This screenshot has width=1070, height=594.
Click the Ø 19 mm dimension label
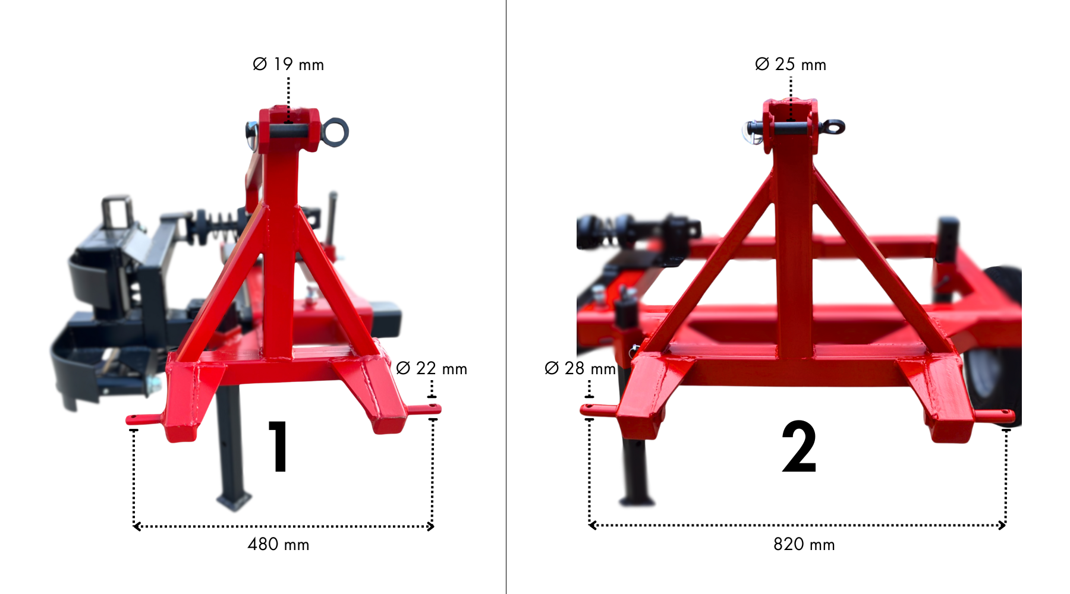[288, 64]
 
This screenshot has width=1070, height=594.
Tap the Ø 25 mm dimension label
[791, 64]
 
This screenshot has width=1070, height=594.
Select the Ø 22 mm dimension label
[432, 368]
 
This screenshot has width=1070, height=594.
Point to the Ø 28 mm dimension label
[580, 368]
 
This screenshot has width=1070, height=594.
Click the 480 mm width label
[278, 544]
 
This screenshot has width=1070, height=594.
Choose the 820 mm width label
[804, 544]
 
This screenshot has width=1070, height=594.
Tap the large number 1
[278, 446]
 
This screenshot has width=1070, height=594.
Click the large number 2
[799, 446]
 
